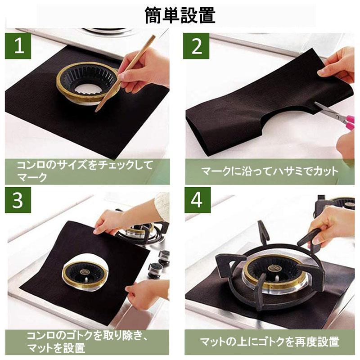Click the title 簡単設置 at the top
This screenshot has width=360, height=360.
tap(180, 15)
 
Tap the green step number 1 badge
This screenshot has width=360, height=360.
tap(18, 46)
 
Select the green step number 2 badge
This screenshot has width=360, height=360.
tap(196, 46)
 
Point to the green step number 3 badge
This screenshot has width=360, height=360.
tap(18, 200)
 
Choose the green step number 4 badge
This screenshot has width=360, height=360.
tap(198, 200)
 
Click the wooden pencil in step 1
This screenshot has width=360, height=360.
tap(125, 73)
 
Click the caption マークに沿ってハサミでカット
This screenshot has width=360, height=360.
tap(270, 171)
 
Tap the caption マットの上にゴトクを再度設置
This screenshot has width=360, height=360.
tap(270, 342)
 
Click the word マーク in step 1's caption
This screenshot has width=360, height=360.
tap(32, 177)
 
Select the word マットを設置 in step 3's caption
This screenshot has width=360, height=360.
tap(56, 347)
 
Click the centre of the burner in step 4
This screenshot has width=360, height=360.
tap(273, 268)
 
